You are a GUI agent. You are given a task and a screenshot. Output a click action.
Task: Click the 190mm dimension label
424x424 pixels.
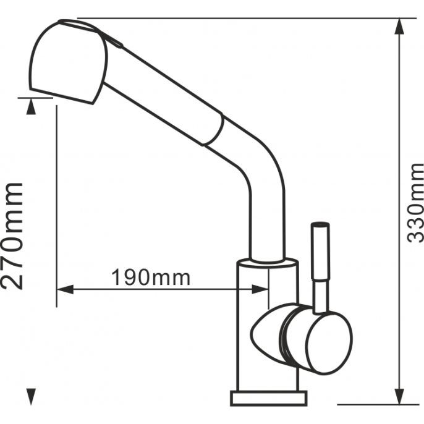(x=151, y=278)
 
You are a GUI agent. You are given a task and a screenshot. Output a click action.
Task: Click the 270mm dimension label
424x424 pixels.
(x=12, y=236)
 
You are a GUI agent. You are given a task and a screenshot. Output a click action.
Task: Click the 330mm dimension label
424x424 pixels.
(x=415, y=203)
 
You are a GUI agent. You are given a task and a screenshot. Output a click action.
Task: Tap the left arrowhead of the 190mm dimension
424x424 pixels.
(x=65, y=289)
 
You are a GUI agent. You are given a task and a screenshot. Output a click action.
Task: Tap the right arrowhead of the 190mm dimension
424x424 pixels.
(x=260, y=289)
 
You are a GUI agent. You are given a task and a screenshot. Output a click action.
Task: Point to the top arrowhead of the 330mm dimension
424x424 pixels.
(x=399, y=27)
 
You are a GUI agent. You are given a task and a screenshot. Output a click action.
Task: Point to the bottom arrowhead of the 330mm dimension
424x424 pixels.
(x=399, y=397)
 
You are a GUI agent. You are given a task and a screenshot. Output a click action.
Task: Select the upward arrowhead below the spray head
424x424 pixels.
(x=31, y=106)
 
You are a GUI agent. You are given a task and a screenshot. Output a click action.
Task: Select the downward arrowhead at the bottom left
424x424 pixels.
(x=31, y=397)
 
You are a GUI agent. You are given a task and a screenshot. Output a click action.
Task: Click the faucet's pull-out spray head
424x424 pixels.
(x=67, y=62)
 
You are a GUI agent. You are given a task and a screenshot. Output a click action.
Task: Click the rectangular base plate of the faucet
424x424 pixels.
(x=269, y=398)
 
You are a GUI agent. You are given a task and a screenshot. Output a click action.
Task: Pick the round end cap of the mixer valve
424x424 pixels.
(x=329, y=344)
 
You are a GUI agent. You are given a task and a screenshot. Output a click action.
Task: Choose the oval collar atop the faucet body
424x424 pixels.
(x=268, y=263)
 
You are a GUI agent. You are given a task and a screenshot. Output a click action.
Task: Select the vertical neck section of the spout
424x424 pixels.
(x=267, y=224)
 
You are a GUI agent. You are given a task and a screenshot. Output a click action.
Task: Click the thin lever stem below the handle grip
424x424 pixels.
(x=320, y=297)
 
